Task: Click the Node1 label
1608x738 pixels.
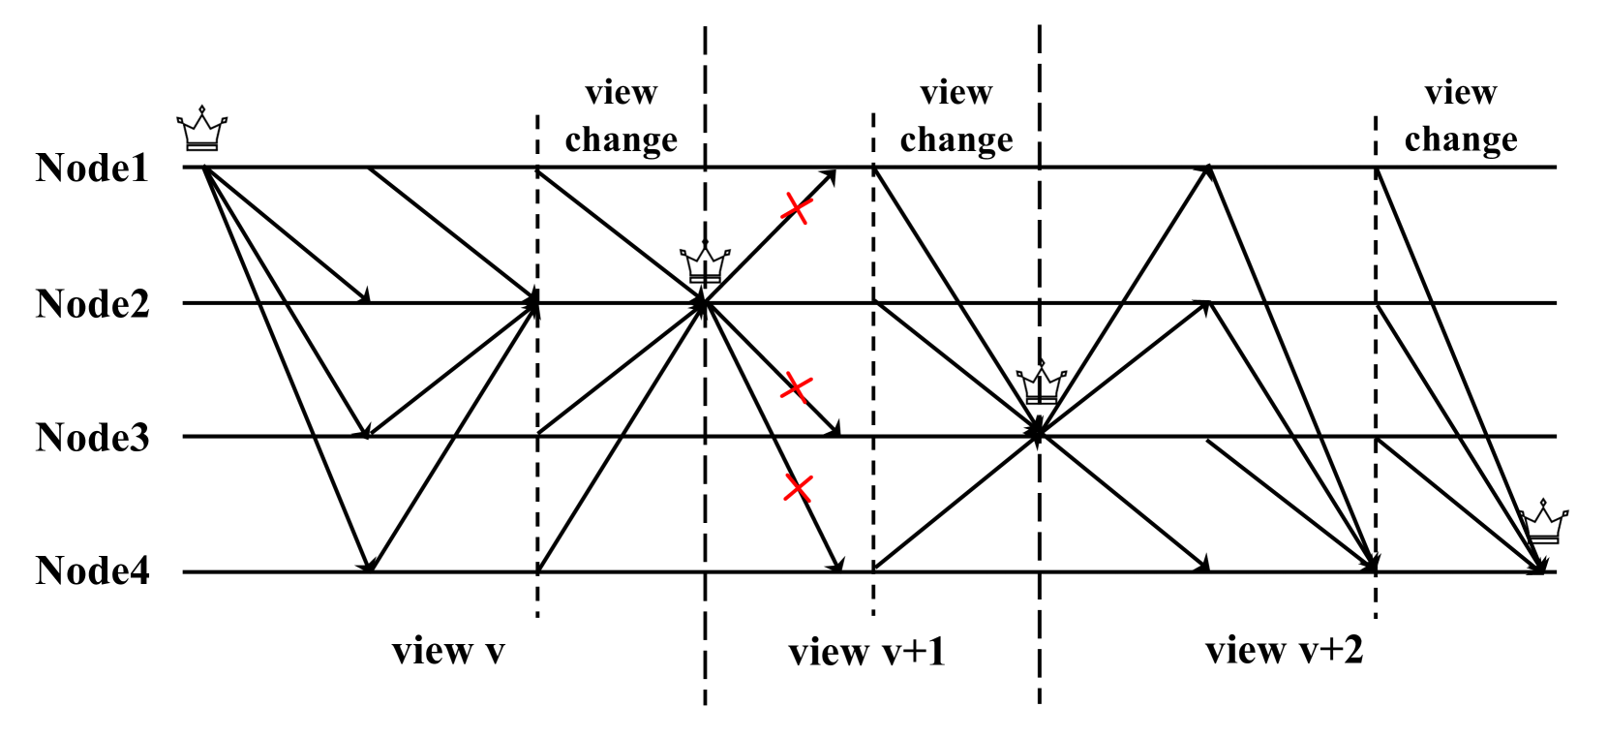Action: coord(92,168)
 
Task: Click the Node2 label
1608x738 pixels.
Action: coord(92,304)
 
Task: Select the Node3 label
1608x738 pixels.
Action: coord(92,438)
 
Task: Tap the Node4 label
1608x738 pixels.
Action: coord(92,571)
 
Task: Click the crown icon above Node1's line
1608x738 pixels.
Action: coord(201,129)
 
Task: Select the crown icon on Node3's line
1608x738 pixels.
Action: coord(1041,384)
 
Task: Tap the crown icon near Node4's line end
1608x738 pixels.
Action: coord(1543,523)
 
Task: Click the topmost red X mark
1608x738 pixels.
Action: coord(796,207)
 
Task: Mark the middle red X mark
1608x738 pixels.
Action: coord(796,386)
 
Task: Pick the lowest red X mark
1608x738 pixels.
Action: coord(798,487)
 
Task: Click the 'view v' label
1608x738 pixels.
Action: coord(448,651)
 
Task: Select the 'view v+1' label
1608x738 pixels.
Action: coord(866,652)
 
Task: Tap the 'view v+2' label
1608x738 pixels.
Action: coord(1284,650)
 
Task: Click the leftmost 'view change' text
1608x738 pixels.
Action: coord(621,116)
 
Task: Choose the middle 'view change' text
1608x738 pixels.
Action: coord(956,116)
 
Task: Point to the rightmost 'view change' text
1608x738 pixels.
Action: coord(1461,116)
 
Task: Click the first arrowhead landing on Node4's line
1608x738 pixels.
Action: coord(366,564)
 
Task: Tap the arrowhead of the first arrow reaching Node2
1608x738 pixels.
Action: coord(364,297)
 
